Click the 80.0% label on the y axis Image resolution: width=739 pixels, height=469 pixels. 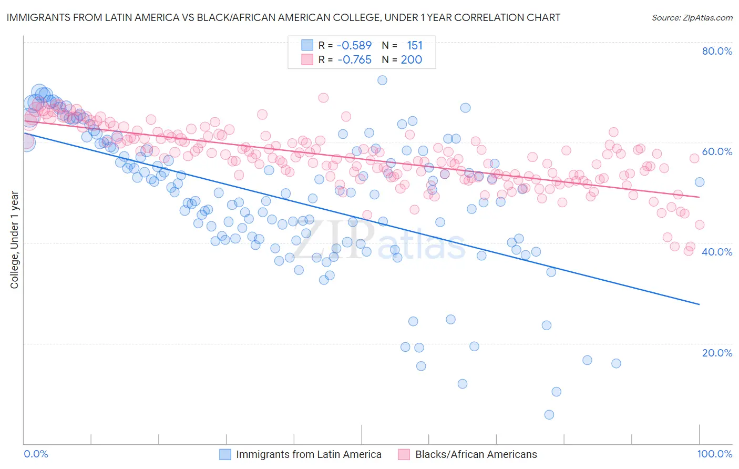(x=717, y=51)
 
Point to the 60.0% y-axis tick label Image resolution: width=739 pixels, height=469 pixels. (x=717, y=151)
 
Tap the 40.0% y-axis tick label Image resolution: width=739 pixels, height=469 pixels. (x=717, y=252)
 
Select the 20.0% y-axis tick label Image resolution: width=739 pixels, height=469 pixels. (x=717, y=352)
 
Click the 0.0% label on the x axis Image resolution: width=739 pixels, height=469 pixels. (x=36, y=454)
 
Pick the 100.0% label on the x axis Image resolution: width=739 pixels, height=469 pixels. (x=715, y=454)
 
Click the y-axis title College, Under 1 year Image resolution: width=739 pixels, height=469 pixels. (x=14, y=240)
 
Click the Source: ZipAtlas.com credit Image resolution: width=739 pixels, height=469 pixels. (x=692, y=17)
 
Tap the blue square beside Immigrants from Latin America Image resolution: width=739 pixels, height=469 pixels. (x=225, y=454)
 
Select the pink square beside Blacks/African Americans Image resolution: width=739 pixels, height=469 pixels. (x=404, y=454)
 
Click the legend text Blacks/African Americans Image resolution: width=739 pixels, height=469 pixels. (x=476, y=454)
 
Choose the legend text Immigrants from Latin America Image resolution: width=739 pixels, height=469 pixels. (x=309, y=454)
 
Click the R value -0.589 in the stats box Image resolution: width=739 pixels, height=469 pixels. (x=354, y=45)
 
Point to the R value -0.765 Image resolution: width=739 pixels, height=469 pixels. (x=354, y=59)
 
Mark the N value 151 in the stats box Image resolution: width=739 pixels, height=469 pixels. (x=414, y=45)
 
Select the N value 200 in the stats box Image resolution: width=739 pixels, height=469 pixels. (x=412, y=59)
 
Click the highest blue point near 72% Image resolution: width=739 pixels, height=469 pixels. (x=382, y=80)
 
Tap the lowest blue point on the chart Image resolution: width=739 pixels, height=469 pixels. (x=549, y=415)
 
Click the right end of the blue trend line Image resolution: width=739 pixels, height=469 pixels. (x=699, y=304)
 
